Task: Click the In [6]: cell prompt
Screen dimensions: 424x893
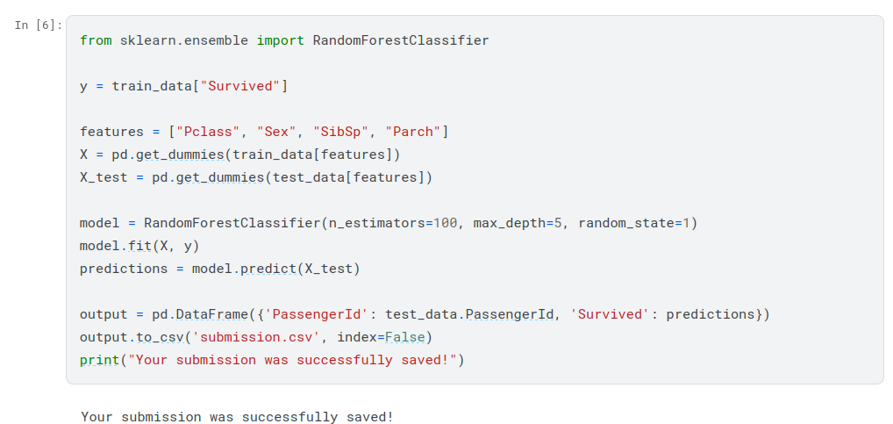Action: coord(38,25)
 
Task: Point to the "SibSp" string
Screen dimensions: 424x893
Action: coord(340,132)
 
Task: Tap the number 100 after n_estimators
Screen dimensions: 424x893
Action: coord(445,223)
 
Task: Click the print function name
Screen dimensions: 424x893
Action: coord(99,360)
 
